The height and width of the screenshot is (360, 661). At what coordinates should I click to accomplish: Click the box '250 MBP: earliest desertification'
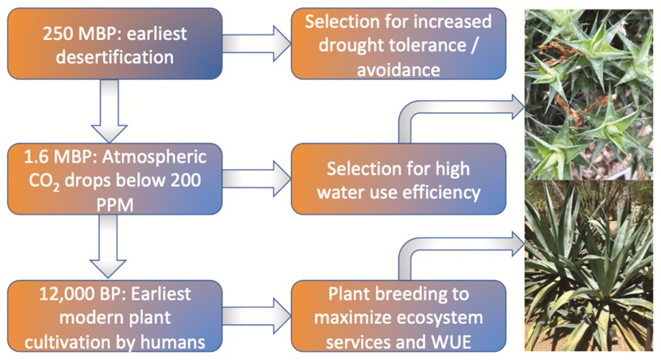click(x=115, y=44)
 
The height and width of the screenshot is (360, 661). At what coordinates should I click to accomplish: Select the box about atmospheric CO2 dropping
click(x=115, y=179)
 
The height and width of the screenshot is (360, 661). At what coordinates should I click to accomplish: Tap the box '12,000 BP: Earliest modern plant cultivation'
click(x=115, y=316)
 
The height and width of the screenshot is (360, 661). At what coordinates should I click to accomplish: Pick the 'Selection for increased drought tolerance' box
click(x=399, y=44)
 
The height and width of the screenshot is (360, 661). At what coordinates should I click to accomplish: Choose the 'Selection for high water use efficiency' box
click(x=399, y=179)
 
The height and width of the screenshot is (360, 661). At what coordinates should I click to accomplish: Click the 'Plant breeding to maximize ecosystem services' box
click(x=399, y=316)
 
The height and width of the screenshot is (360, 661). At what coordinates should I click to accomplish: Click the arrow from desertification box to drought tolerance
click(x=257, y=43)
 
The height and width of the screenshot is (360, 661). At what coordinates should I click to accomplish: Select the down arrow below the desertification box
click(x=109, y=111)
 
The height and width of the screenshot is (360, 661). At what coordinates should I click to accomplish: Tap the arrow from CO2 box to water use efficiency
click(x=257, y=179)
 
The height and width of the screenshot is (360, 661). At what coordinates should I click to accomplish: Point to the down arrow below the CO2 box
click(x=108, y=247)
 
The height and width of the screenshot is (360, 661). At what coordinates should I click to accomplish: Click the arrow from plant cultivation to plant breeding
click(x=257, y=316)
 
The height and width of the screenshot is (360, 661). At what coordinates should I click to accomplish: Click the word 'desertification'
click(x=115, y=57)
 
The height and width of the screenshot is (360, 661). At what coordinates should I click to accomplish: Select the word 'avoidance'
click(x=399, y=70)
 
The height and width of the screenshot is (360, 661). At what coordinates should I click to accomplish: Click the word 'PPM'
click(x=115, y=205)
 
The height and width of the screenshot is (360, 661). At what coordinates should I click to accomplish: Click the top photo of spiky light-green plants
click(x=588, y=95)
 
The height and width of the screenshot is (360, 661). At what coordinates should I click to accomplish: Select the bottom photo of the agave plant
click(x=588, y=266)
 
